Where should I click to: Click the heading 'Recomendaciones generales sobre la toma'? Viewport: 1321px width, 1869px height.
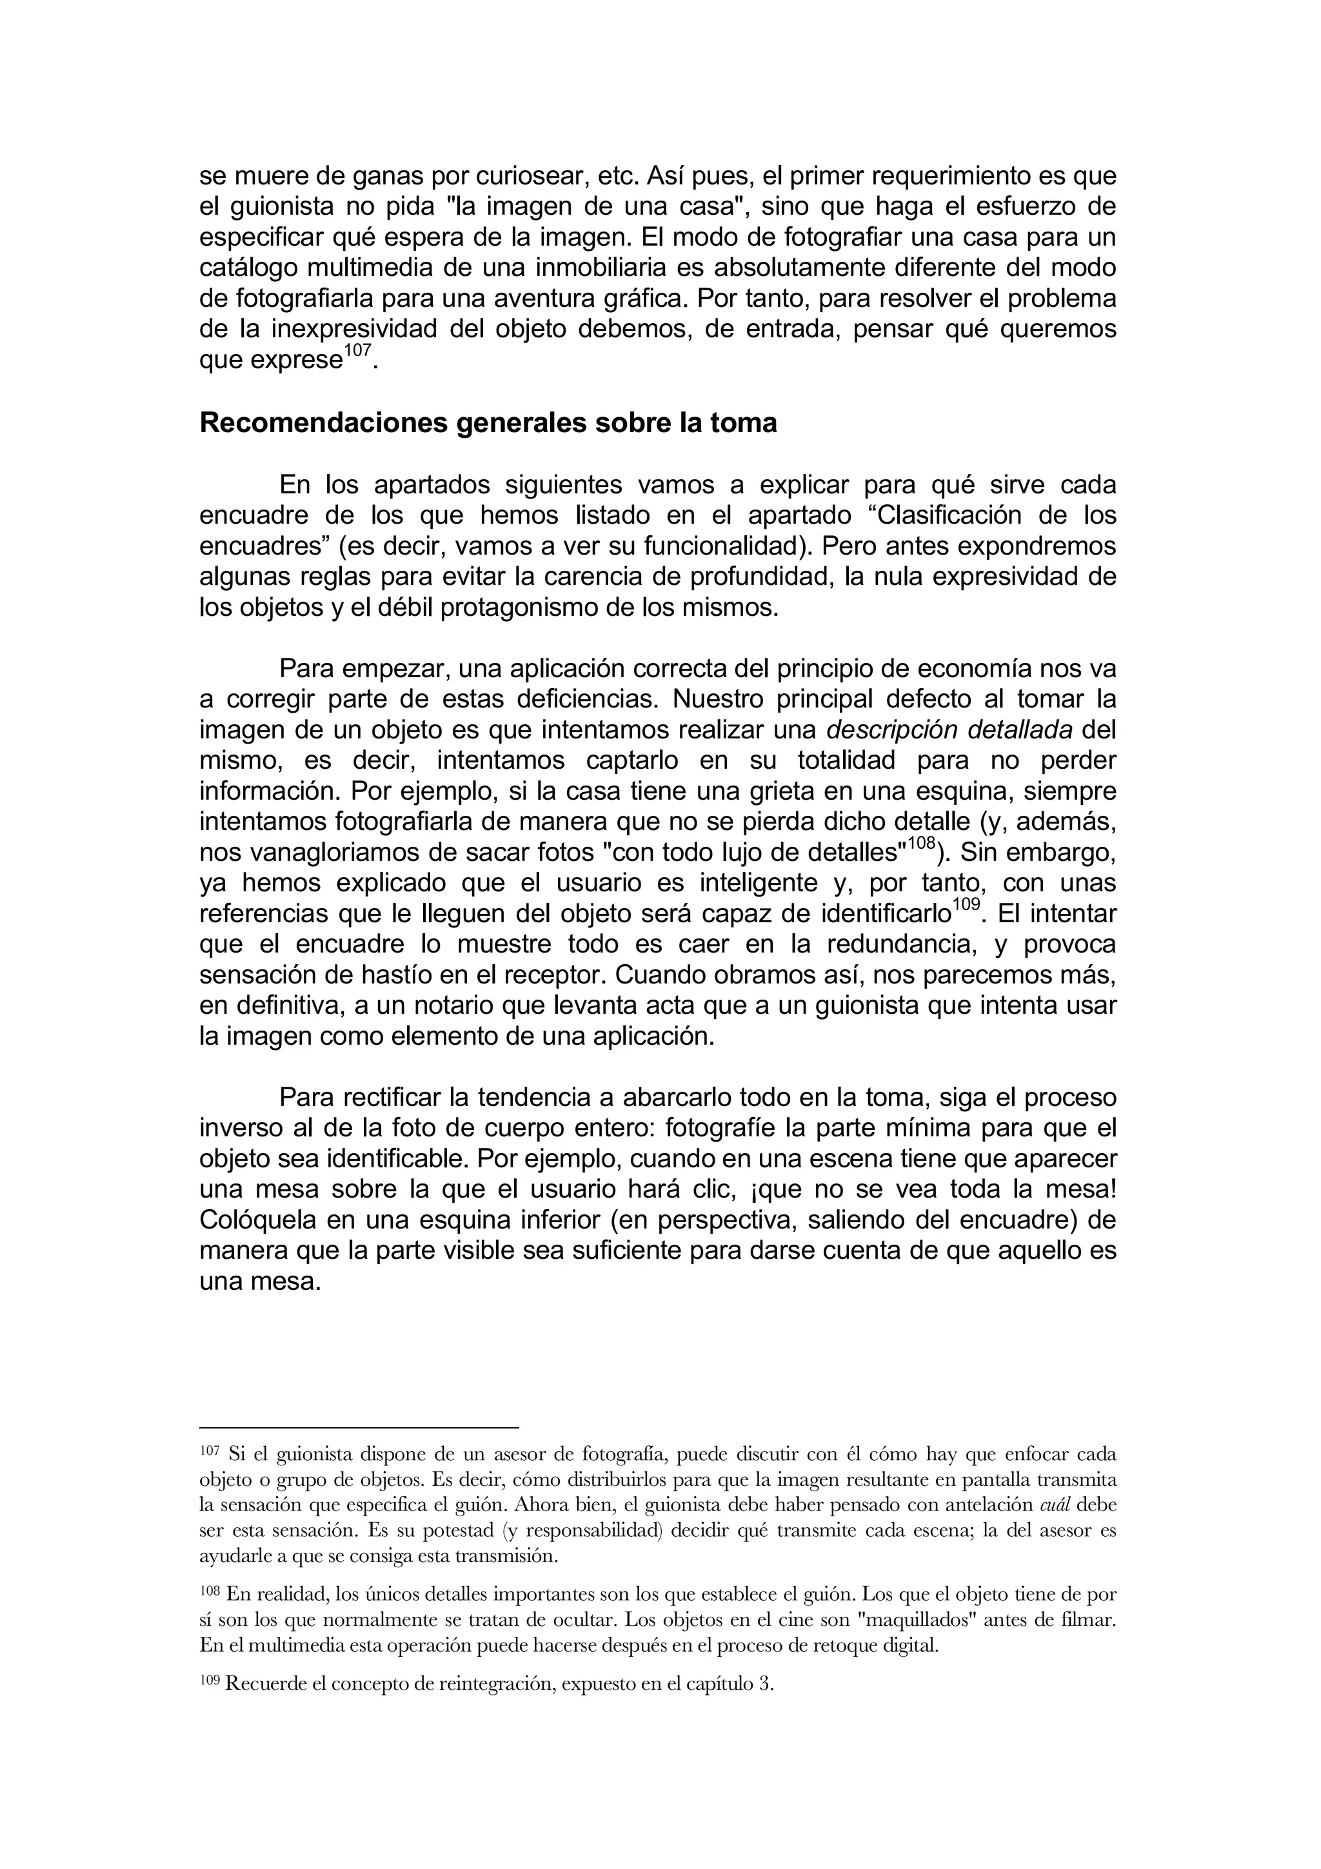click(x=488, y=423)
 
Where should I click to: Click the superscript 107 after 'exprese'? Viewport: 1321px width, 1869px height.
click(x=357, y=351)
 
